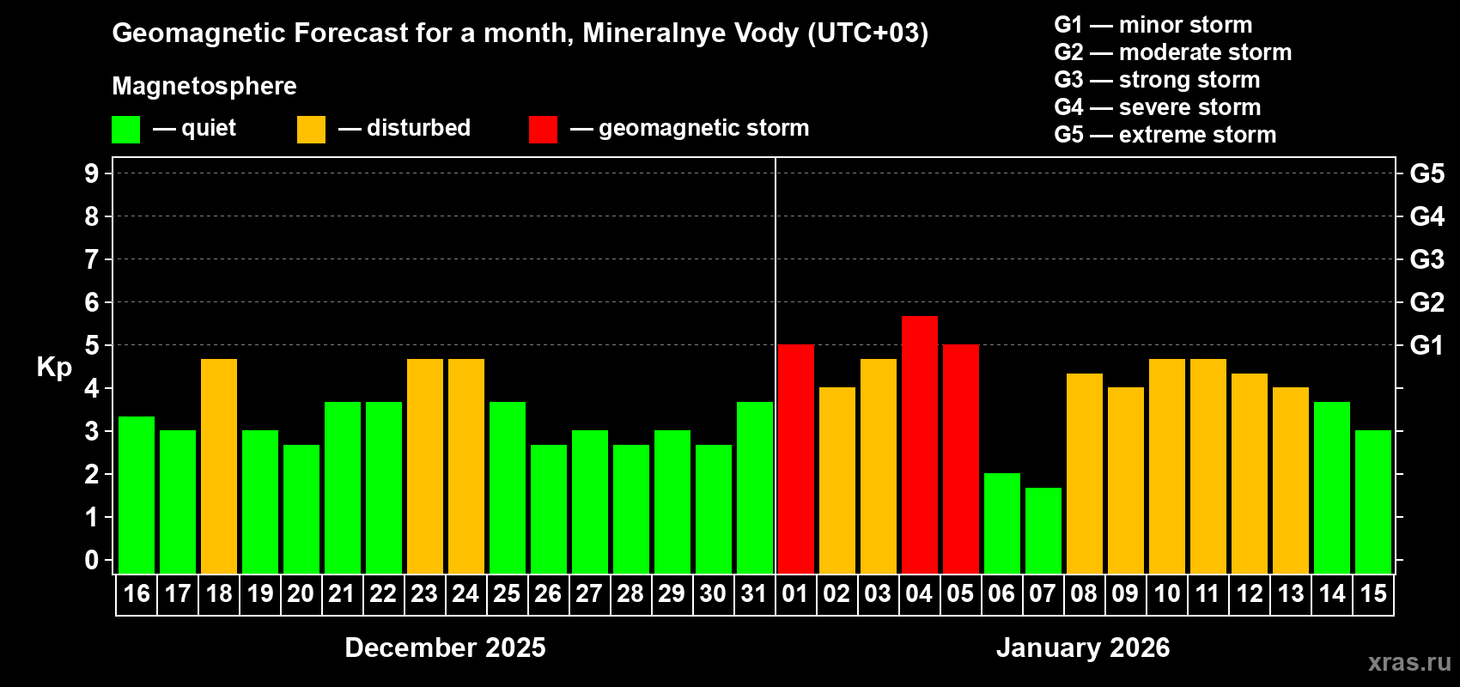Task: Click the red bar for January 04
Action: (x=919, y=445)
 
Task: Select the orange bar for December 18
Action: (x=219, y=466)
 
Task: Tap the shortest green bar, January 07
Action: (x=1043, y=531)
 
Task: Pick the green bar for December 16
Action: (x=137, y=495)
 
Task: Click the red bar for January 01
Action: (x=795, y=459)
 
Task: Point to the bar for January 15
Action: (x=1372, y=502)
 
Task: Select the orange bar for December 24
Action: (x=466, y=466)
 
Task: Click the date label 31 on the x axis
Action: (x=754, y=594)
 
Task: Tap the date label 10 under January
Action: (x=1166, y=594)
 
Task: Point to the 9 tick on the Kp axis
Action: (x=92, y=173)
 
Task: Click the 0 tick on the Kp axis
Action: (x=92, y=561)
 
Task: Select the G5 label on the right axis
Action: (x=1427, y=173)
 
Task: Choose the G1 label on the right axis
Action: (x=1427, y=345)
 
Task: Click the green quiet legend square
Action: (x=126, y=130)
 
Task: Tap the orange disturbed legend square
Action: (x=311, y=130)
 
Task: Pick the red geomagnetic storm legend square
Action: (x=543, y=130)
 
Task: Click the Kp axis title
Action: (x=54, y=368)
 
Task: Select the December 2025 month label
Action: (x=445, y=647)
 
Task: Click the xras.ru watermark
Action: (x=1409, y=662)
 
